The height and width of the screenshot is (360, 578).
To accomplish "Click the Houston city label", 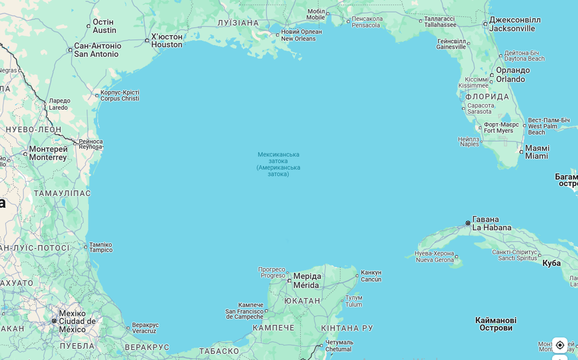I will pos(166,41).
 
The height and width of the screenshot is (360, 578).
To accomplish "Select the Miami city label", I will pos(537,152).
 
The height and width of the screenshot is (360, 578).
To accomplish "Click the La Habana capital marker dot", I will pos(468,223).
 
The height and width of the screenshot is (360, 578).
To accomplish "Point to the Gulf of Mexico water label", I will pos(278,164).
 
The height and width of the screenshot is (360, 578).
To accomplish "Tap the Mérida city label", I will pos(307,280).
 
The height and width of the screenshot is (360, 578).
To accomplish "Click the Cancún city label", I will pos(371,276).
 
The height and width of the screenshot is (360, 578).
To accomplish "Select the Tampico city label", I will pos(101,247).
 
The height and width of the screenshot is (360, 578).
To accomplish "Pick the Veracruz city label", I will pos(145,328).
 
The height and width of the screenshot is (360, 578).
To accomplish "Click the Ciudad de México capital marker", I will pos(54,321).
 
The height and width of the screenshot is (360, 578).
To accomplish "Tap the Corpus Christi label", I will pos(119,95).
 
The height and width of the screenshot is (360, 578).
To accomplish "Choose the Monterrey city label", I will pos(48,153).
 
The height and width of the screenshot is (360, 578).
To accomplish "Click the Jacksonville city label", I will pos(514,24).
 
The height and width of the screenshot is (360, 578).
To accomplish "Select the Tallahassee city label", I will pos(440,22).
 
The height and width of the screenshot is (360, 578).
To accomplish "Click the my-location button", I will pos(560,345).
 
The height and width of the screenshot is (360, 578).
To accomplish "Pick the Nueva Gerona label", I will pos(435,256).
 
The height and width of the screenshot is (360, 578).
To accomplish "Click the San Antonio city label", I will pos(97,50).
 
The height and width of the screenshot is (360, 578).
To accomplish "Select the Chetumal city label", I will pos(339,345).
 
